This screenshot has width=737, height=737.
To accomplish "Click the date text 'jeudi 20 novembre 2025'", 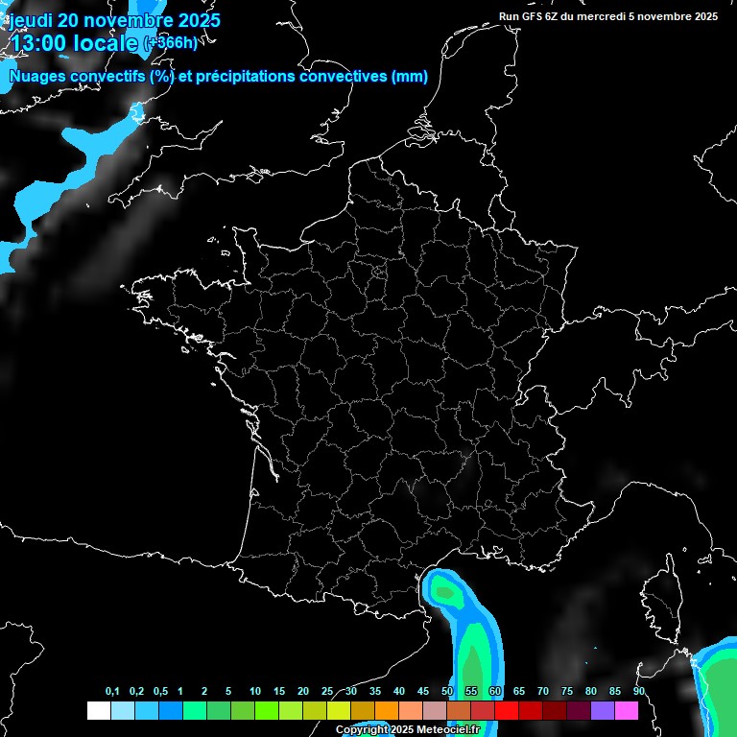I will (x=113, y=20).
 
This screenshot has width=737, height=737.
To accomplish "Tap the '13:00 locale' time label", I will (x=73, y=42).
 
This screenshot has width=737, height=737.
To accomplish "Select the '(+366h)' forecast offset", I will (x=170, y=42).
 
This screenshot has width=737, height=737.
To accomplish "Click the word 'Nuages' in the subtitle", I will (x=37, y=77).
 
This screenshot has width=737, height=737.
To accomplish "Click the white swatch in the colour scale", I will (x=98, y=710).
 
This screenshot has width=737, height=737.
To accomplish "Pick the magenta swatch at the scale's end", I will (x=627, y=710).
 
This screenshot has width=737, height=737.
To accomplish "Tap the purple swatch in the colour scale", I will (x=603, y=710).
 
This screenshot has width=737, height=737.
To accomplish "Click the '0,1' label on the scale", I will (x=112, y=692).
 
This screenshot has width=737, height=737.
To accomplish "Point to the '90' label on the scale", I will (x=639, y=692).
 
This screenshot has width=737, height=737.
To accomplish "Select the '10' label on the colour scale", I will (x=255, y=692).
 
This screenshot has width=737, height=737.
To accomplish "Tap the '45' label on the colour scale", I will (x=423, y=692).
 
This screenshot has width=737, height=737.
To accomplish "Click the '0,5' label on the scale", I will (x=160, y=692).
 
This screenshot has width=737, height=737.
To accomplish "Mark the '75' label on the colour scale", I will (x=567, y=692).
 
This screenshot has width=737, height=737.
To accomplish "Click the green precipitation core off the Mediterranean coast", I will (x=444, y=591).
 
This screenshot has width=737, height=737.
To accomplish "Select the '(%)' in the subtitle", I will (x=160, y=77).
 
